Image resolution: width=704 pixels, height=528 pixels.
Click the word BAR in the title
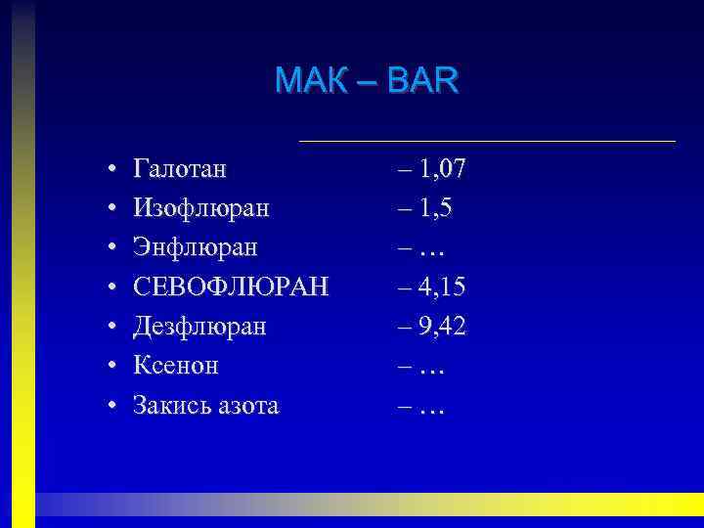pyautogui.click(x=422, y=79)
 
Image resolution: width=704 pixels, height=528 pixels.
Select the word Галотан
pyautogui.click(x=180, y=169)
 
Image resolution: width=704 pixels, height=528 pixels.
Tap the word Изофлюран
pyautogui.click(x=201, y=208)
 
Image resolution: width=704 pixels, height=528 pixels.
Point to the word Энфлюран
pyautogui.click(x=196, y=247)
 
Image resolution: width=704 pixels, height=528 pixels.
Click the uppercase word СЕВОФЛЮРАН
pyautogui.click(x=232, y=286)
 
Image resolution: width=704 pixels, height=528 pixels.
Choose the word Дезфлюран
pyautogui.click(x=199, y=326)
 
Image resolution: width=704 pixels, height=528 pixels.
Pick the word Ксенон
pyautogui.click(x=176, y=365)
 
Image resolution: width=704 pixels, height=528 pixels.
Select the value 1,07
pyautogui.click(x=442, y=169)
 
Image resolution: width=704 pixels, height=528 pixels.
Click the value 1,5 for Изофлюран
pyautogui.click(x=435, y=208)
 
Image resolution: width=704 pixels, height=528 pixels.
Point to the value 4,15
pyautogui.click(x=442, y=286)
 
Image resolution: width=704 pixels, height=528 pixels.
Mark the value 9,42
pyautogui.click(x=442, y=326)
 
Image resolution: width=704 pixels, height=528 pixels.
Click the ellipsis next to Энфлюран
pyautogui.click(x=431, y=250)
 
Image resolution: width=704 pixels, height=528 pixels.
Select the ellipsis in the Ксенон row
pyautogui.click(x=431, y=368)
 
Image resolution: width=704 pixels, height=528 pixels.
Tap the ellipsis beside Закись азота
pyautogui.click(x=431, y=407)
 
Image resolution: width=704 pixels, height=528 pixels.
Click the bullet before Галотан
pyautogui.click(x=114, y=170)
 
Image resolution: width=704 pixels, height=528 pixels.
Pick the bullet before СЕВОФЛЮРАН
pyautogui.click(x=114, y=287)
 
